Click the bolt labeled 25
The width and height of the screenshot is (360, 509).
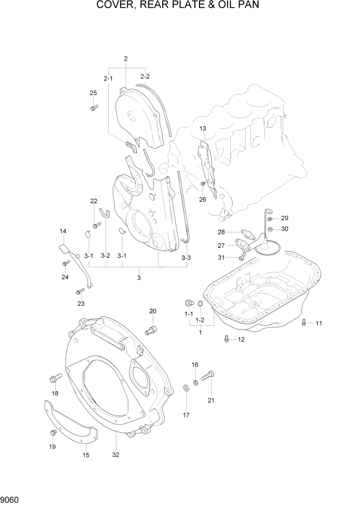tap(94, 107)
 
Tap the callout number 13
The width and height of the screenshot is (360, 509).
tap(203, 128)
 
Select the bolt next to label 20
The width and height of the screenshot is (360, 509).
tap(152, 329)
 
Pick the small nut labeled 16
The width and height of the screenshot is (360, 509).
tap(196, 381)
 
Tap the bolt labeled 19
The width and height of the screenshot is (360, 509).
tap(52, 433)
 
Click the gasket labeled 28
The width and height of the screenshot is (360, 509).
tap(249, 234)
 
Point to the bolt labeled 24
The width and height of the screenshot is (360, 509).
tap(65, 263)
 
